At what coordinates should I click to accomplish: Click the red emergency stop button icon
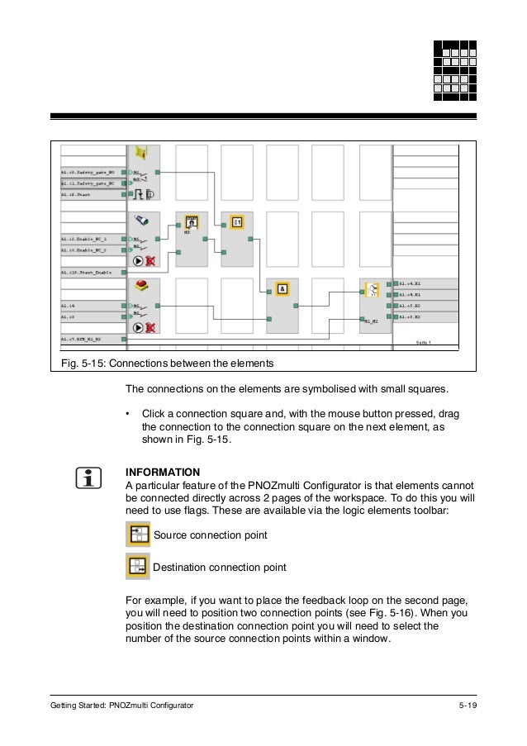[x=142, y=286]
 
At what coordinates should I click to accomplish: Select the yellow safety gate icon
[x=141, y=155]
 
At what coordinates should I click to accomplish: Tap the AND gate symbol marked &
[x=282, y=288]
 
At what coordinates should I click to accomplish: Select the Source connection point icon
[x=137, y=535]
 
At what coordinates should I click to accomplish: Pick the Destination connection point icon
[x=137, y=567]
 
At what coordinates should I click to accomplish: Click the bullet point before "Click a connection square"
[x=128, y=412]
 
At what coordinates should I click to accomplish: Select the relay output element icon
[x=373, y=290]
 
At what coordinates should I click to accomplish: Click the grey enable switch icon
[x=142, y=221]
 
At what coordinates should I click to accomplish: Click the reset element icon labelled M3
[x=191, y=222]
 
